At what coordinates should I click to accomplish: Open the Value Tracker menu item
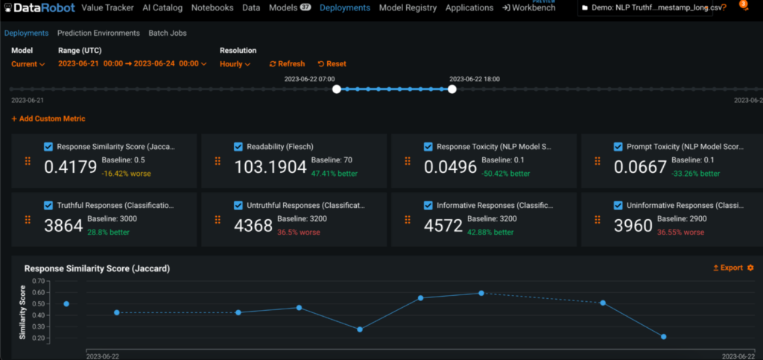[107, 8]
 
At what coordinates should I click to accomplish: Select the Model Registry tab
[408, 8]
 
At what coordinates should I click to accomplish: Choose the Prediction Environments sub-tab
[98, 34]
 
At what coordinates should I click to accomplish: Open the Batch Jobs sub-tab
[168, 34]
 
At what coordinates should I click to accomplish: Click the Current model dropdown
[28, 64]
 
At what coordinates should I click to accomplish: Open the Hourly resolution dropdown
[235, 64]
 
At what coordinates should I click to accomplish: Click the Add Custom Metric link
[48, 119]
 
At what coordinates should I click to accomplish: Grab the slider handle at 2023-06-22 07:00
[337, 89]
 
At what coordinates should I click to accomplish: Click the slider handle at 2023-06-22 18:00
[452, 89]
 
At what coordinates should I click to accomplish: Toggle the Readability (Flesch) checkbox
[239, 147]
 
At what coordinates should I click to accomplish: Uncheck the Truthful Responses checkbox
[49, 205]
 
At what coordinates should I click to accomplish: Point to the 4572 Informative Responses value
[443, 226]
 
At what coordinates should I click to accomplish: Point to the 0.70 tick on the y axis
[39, 282]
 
